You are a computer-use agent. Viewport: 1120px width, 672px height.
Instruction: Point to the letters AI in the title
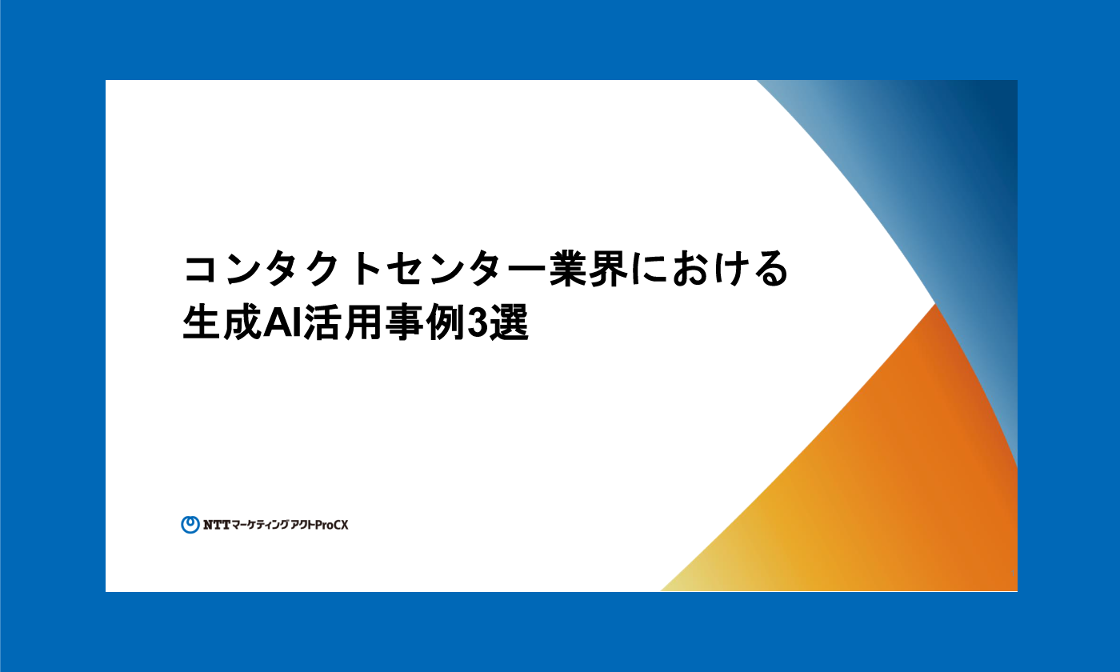pos(282,323)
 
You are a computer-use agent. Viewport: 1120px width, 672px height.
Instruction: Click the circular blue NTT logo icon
pos(190,525)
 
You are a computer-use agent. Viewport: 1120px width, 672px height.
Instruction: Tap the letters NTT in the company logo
pos(216,525)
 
